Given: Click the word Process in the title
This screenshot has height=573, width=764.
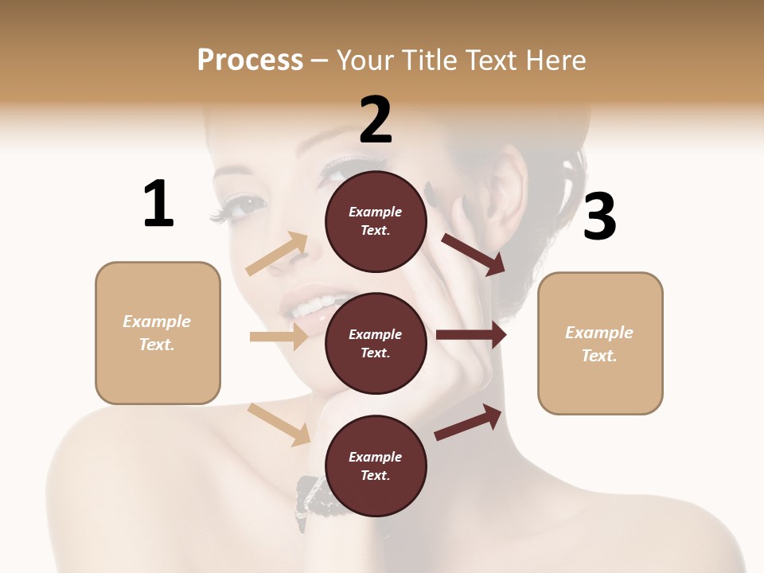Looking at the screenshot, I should pyautogui.click(x=250, y=60).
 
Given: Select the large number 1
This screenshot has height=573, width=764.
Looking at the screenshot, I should pyautogui.click(x=158, y=205).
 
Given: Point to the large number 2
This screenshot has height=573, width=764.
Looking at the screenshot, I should pyautogui.click(x=376, y=120).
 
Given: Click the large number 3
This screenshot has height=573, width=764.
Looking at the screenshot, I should pyautogui.click(x=599, y=216).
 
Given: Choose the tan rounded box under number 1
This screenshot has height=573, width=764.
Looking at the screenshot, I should pyautogui.click(x=158, y=333).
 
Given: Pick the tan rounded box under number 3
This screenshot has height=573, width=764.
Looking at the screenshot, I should pyautogui.click(x=600, y=343).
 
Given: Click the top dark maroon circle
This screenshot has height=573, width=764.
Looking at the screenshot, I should pyautogui.click(x=376, y=221).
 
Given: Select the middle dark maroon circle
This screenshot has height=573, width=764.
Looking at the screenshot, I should pyautogui.click(x=376, y=343).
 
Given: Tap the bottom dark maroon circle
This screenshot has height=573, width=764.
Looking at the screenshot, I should pyautogui.click(x=376, y=466).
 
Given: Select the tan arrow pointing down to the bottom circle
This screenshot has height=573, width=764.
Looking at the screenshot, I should pyautogui.click(x=279, y=424).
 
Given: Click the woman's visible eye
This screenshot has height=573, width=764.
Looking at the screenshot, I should pyautogui.click(x=246, y=204).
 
